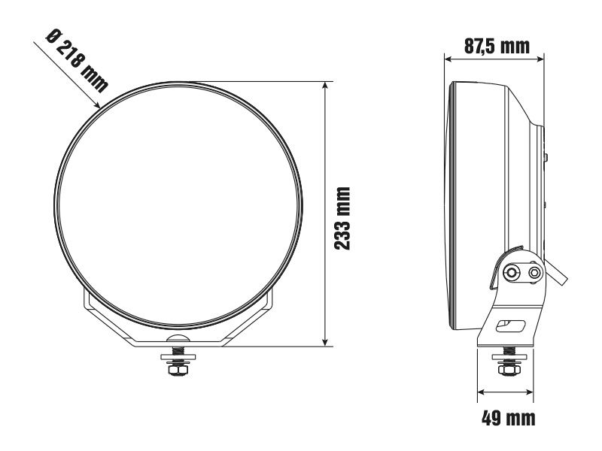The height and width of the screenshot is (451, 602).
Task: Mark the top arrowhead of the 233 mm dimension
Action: (324, 83)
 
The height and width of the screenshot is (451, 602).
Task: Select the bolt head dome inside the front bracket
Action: (178, 341)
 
